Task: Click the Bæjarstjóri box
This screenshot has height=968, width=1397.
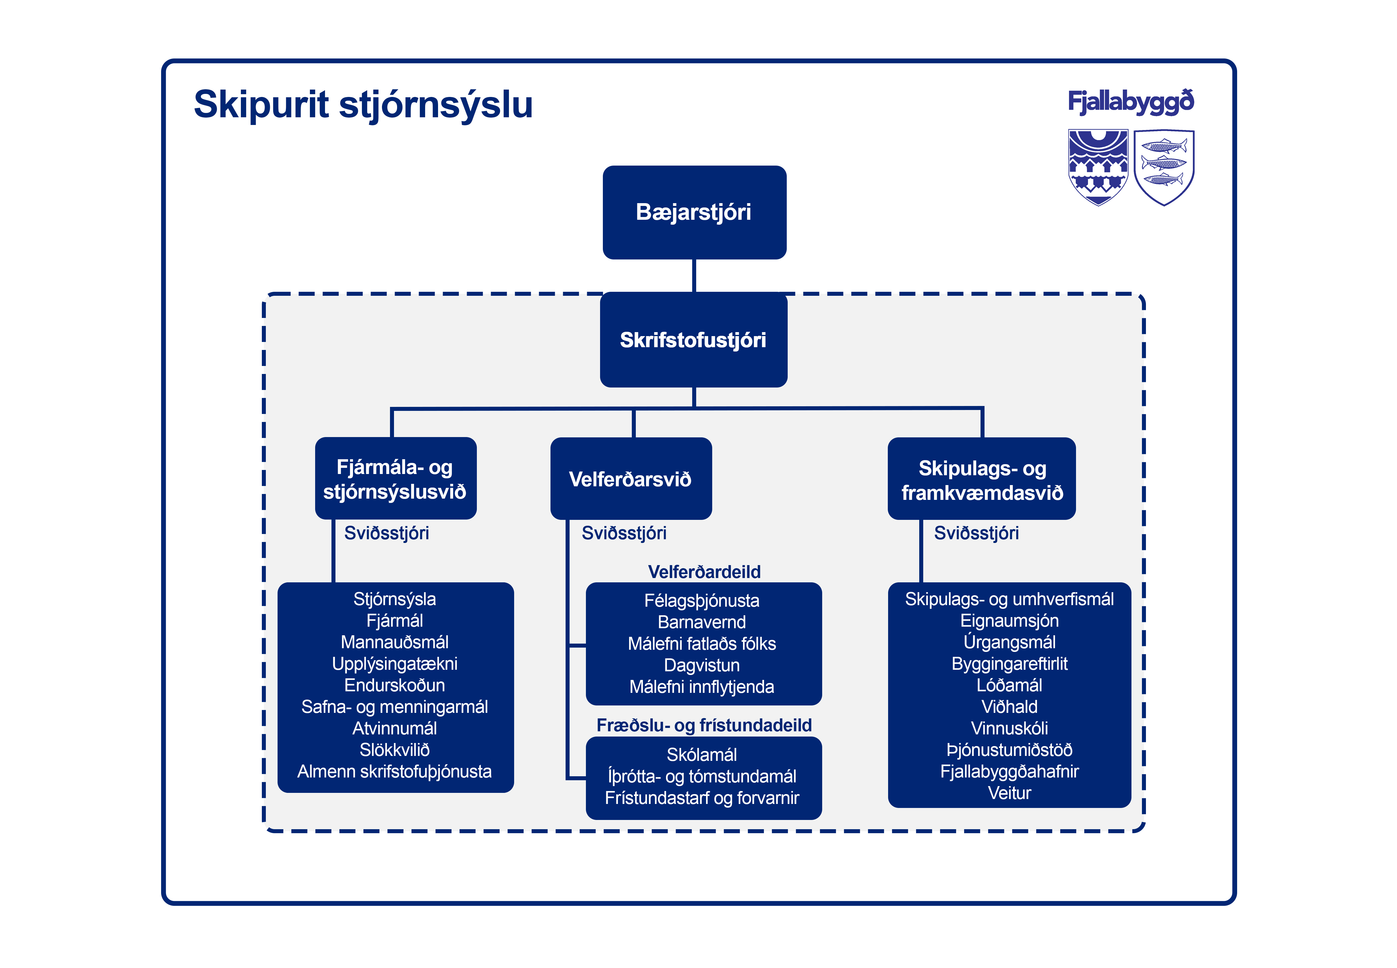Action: [x=694, y=212]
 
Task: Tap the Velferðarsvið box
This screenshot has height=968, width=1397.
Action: [x=631, y=479]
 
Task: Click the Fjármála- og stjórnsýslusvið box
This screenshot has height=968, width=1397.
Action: [x=395, y=479]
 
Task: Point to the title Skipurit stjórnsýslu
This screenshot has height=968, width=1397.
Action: [x=363, y=104]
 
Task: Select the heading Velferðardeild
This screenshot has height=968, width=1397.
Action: [x=704, y=571]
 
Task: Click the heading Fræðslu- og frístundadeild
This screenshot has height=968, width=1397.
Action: [x=704, y=725]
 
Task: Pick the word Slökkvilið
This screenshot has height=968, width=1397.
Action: [x=395, y=750]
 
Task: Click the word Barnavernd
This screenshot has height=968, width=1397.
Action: [x=701, y=622]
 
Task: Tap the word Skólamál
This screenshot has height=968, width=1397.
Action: [x=701, y=754]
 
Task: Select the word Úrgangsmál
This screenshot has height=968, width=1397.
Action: [x=1009, y=642]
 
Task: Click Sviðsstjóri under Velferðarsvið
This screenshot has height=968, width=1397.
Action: [x=624, y=533]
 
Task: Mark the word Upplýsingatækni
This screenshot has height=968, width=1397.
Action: [x=395, y=664]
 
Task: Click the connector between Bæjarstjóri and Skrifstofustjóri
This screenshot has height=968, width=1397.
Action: [x=694, y=276]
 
